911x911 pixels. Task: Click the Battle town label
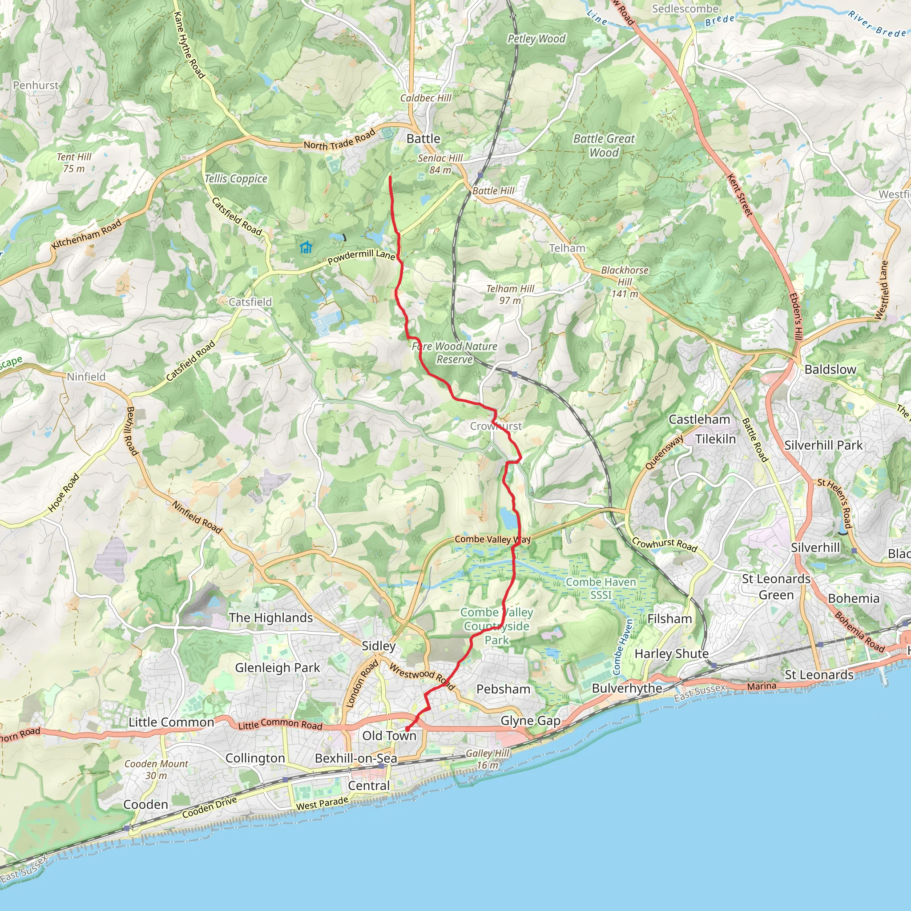(423, 139)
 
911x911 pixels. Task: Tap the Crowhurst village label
(496, 426)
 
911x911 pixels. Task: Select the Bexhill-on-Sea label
(356, 758)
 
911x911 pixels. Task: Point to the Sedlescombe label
(685, 8)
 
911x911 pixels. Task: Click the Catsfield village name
(250, 302)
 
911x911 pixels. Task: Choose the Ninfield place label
(86, 377)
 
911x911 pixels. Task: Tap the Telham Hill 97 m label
(510, 294)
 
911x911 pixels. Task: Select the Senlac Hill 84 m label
(440, 164)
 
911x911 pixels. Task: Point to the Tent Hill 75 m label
(74, 162)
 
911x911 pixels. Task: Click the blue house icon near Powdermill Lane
(306, 246)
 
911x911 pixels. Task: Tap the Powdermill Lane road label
(361, 257)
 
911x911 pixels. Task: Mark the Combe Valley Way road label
(492, 539)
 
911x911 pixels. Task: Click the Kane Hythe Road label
(189, 45)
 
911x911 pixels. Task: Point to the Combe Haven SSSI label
(601, 589)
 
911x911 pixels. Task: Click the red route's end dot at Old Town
(407, 730)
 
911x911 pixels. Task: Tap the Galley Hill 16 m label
(488, 759)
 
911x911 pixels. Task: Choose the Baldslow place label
(830, 369)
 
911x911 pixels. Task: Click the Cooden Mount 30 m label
(156, 769)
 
